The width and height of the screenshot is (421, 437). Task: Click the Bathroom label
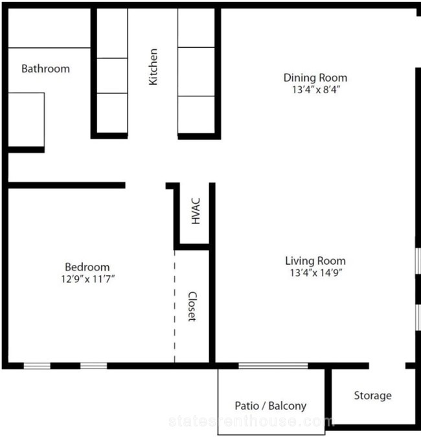point(46,69)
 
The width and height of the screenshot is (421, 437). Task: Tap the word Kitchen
point(153,67)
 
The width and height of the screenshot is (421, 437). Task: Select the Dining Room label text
point(315,78)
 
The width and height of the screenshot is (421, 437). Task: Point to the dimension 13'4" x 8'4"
point(316,90)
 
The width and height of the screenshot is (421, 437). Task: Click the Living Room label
point(315,261)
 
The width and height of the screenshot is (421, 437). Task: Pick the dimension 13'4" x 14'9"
point(316,273)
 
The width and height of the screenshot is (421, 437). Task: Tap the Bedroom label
point(87,267)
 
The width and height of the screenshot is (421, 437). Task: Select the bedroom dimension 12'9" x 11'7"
point(88,278)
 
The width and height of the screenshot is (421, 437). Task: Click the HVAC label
point(196,211)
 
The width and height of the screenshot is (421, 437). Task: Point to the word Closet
point(192,307)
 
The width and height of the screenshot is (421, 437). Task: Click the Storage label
point(373,396)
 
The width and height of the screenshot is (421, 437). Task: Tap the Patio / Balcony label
point(271,406)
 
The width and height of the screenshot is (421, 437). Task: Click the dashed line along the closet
point(174,306)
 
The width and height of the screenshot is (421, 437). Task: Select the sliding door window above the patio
point(273,366)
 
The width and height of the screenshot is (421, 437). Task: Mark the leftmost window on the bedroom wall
point(37,366)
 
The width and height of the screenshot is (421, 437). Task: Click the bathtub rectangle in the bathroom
point(27,120)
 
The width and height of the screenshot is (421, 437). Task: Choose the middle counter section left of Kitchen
point(112,76)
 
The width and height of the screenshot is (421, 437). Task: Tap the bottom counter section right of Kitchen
point(196,115)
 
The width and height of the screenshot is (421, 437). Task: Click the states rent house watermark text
point(251,421)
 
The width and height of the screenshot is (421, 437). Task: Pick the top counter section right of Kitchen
point(196,28)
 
